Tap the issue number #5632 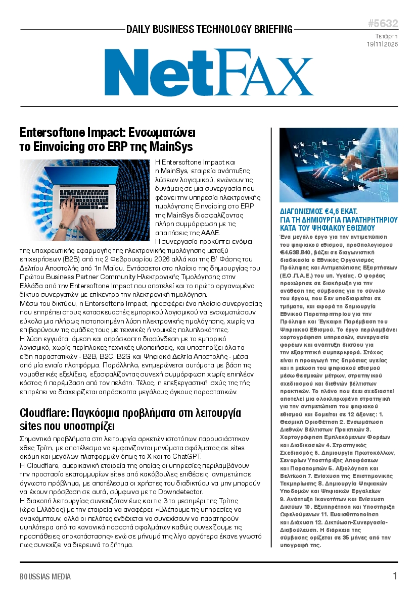pos(383,24)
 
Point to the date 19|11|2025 pos(383,44)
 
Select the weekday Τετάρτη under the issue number pos(386,36)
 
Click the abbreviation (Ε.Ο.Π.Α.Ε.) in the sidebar pos(300,276)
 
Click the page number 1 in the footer pos(395,576)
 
